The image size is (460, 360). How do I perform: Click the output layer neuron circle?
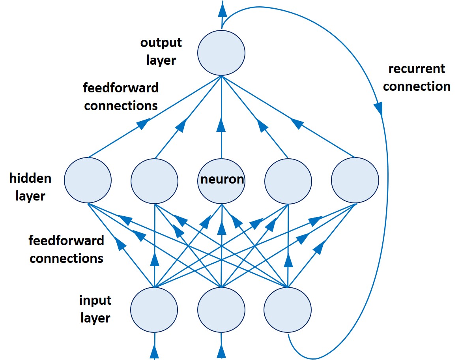[x=221, y=52]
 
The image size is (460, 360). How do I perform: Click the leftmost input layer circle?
[x=154, y=310]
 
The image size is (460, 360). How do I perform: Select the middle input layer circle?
[x=221, y=310]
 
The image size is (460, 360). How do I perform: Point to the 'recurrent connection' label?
[x=417, y=78]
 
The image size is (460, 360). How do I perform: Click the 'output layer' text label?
[x=161, y=51]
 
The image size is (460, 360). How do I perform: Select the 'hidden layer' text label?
[x=30, y=187]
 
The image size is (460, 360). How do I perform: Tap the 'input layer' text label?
[x=95, y=309]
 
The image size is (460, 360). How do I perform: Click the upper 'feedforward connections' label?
[x=121, y=97]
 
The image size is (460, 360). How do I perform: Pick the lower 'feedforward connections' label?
[x=67, y=249]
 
